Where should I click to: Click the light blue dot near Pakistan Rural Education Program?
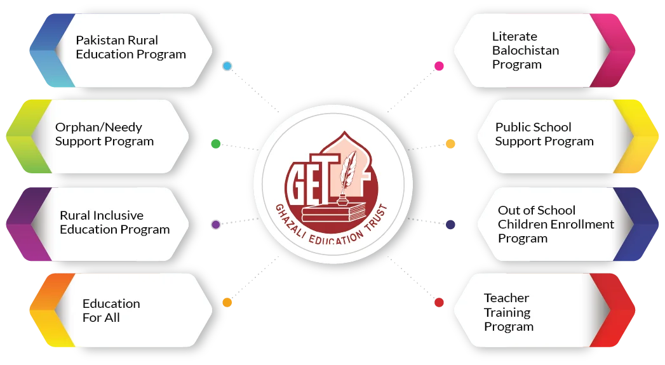227,66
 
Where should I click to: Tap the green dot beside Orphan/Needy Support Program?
216,143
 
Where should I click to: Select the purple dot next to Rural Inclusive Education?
216,224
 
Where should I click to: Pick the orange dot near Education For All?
227,302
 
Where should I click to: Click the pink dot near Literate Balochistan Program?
439,66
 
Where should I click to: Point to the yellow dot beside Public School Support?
450,143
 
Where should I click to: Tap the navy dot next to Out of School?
450,224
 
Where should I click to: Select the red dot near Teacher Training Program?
439,302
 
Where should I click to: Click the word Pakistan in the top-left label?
100,40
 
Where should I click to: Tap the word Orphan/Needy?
99,128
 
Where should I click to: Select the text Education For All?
111,310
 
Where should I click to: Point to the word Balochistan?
525,50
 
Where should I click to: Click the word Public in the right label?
511,127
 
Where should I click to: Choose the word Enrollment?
587,224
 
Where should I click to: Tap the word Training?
507,313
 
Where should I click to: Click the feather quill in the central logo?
348,171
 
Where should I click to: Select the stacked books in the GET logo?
334,212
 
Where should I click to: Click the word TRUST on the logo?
376,218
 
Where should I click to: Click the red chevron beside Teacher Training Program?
612,310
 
